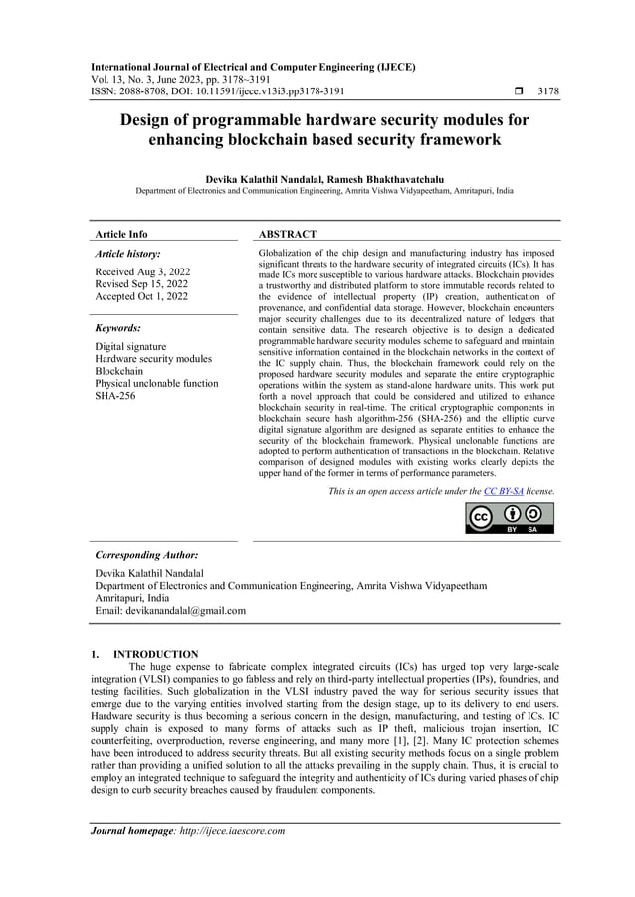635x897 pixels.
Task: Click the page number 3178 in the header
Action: (547, 91)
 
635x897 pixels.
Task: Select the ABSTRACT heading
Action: (288, 234)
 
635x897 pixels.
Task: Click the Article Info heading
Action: (120, 234)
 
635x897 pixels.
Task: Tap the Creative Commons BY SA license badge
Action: (510, 517)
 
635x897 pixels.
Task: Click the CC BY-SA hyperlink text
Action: (503, 491)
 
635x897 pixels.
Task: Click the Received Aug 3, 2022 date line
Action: (142, 271)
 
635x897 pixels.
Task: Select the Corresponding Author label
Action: (146, 554)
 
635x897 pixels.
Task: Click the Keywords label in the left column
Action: (117, 327)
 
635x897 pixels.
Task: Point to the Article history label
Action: (126, 254)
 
